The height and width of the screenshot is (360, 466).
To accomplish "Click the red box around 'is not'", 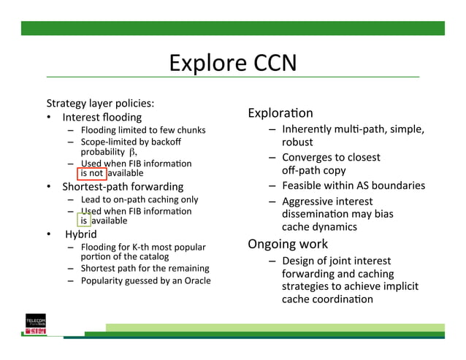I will (92, 173).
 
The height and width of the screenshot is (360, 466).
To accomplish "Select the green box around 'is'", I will (84, 221).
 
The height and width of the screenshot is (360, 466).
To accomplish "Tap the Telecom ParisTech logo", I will (36, 326).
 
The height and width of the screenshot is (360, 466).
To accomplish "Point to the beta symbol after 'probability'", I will (132, 152).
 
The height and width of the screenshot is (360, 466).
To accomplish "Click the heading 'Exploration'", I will (280, 113).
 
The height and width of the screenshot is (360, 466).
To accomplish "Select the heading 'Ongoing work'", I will (288, 244).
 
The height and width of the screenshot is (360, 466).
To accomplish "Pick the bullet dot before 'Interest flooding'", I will (49, 118).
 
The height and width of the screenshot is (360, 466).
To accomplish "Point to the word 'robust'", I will (297, 142).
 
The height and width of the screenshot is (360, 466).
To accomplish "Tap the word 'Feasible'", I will (302, 185).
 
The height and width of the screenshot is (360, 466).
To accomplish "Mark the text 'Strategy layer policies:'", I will (100, 103).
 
